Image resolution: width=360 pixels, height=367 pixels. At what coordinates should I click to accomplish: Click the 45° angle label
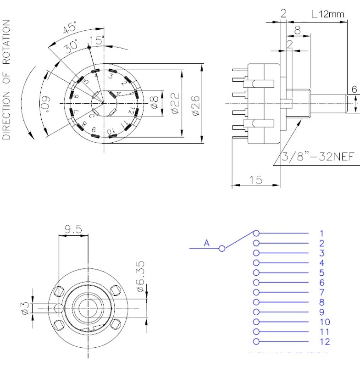(x=69, y=29)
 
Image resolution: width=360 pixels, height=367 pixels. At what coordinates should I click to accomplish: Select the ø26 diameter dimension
(x=194, y=104)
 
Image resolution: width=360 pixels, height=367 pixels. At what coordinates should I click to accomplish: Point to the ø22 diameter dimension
(x=174, y=104)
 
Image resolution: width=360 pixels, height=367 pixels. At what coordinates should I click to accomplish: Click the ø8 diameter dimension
(x=154, y=101)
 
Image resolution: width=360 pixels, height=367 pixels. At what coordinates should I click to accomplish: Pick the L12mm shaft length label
(x=327, y=14)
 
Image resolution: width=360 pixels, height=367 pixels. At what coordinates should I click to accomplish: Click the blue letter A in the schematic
(x=207, y=243)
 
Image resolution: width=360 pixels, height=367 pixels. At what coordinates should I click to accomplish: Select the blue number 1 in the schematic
(x=322, y=233)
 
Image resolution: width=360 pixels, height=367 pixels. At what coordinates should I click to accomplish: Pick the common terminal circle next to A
(x=222, y=248)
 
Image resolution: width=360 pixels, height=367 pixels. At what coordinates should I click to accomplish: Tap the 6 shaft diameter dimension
(x=354, y=89)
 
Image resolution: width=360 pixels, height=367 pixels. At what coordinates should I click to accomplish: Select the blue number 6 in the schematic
(x=322, y=283)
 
